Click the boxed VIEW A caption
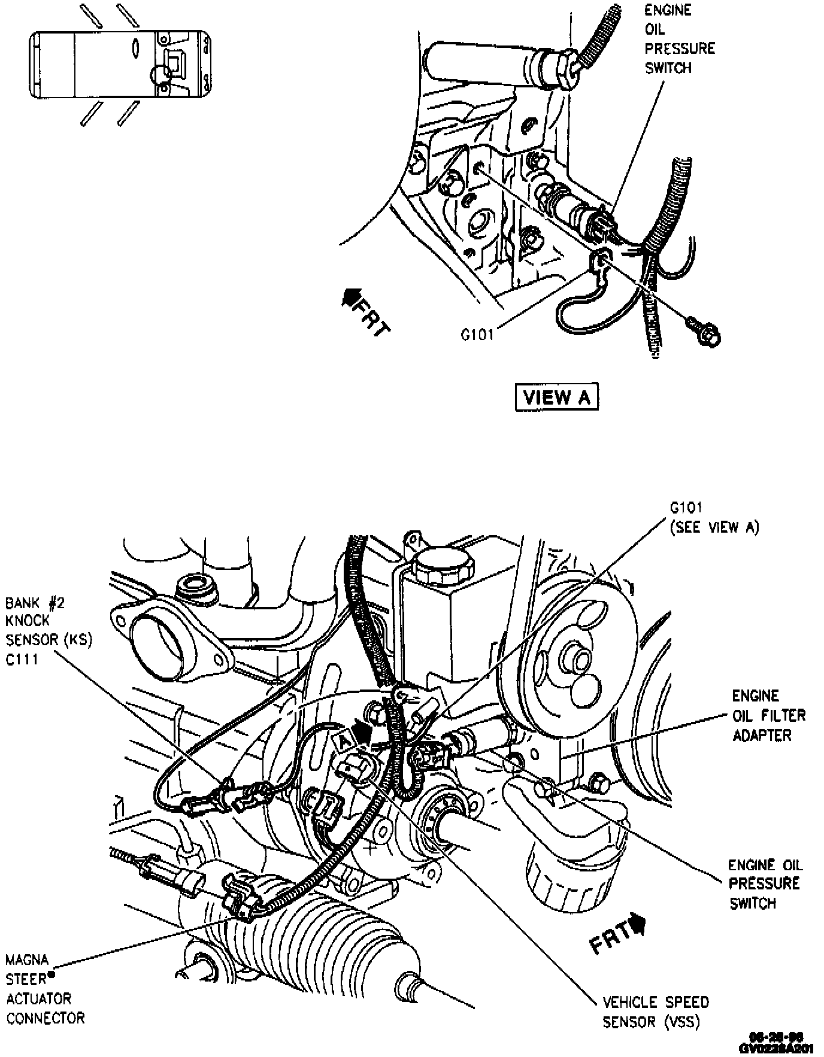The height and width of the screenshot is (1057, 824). coord(556,397)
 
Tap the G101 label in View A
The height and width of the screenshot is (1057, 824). coord(477,335)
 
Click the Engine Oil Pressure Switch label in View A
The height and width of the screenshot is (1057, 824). coord(679,39)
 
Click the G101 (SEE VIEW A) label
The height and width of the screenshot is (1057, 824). coord(713,517)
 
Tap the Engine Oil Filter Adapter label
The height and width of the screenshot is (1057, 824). coord(768,715)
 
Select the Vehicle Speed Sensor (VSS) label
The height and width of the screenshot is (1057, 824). coord(655,1012)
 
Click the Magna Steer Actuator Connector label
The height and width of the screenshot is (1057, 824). coord(45,989)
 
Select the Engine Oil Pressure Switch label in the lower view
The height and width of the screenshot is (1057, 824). coord(764,883)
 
